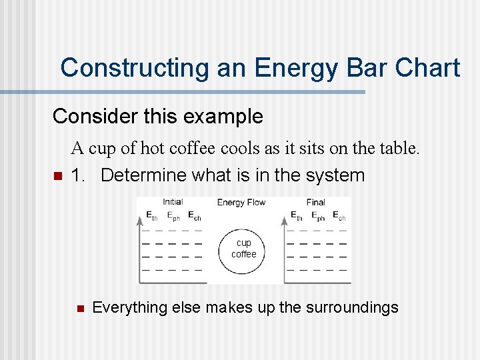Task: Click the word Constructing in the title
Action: click(x=134, y=68)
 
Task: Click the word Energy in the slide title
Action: click(x=281, y=68)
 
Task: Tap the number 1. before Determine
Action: click(x=78, y=176)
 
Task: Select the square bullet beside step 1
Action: click(x=57, y=177)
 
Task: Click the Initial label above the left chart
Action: click(x=173, y=202)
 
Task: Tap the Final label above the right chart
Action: click(x=315, y=202)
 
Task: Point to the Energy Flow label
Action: click(x=241, y=202)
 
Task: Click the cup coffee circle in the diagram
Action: click(x=243, y=248)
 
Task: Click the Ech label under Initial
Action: click(x=195, y=217)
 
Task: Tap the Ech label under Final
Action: click(x=339, y=217)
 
